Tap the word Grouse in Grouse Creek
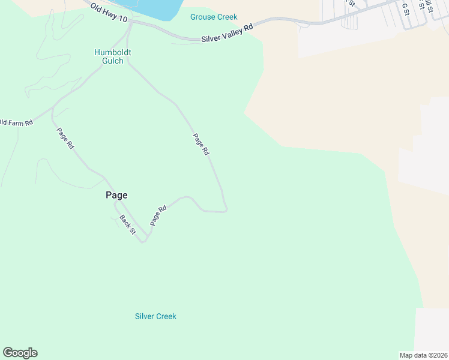pyautogui.click(x=202, y=17)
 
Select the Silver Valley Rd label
pyautogui.click(x=228, y=32)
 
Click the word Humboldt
pyautogui.click(x=113, y=52)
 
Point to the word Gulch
pyautogui.click(x=113, y=61)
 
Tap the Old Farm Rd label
pyautogui.click(x=16, y=122)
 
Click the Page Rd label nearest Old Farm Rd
pyautogui.click(x=65, y=137)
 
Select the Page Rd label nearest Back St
pyautogui.click(x=158, y=215)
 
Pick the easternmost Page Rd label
pyautogui.click(x=201, y=144)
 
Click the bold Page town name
pyautogui.click(x=116, y=195)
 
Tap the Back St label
pyautogui.click(x=127, y=224)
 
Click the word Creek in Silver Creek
pyautogui.click(x=166, y=316)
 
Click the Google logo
pyautogui.click(x=20, y=353)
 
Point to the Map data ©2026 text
pyautogui.click(x=423, y=355)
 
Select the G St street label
pyautogui.click(x=405, y=8)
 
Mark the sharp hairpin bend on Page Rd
pyautogui.click(x=225, y=209)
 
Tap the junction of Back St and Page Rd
pyautogui.click(x=143, y=241)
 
